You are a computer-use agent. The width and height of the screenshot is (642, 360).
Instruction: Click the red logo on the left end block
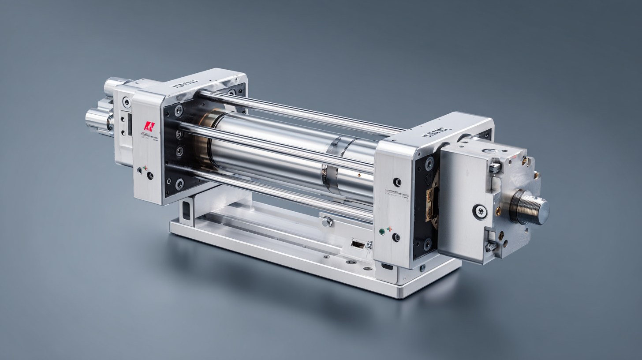click(x=149, y=126)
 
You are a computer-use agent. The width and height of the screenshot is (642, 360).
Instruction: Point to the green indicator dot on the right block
click(x=381, y=231)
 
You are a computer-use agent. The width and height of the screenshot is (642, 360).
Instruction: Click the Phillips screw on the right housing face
click(x=479, y=211)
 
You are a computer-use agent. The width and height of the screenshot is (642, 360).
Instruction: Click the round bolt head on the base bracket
click(x=327, y=221)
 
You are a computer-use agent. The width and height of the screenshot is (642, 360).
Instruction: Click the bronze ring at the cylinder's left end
click(x=204, y=132)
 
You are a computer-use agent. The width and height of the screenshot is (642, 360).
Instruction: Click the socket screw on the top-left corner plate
click(x=127, y=102)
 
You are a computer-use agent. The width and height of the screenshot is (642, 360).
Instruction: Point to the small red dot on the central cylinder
click(x=358, y=175)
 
